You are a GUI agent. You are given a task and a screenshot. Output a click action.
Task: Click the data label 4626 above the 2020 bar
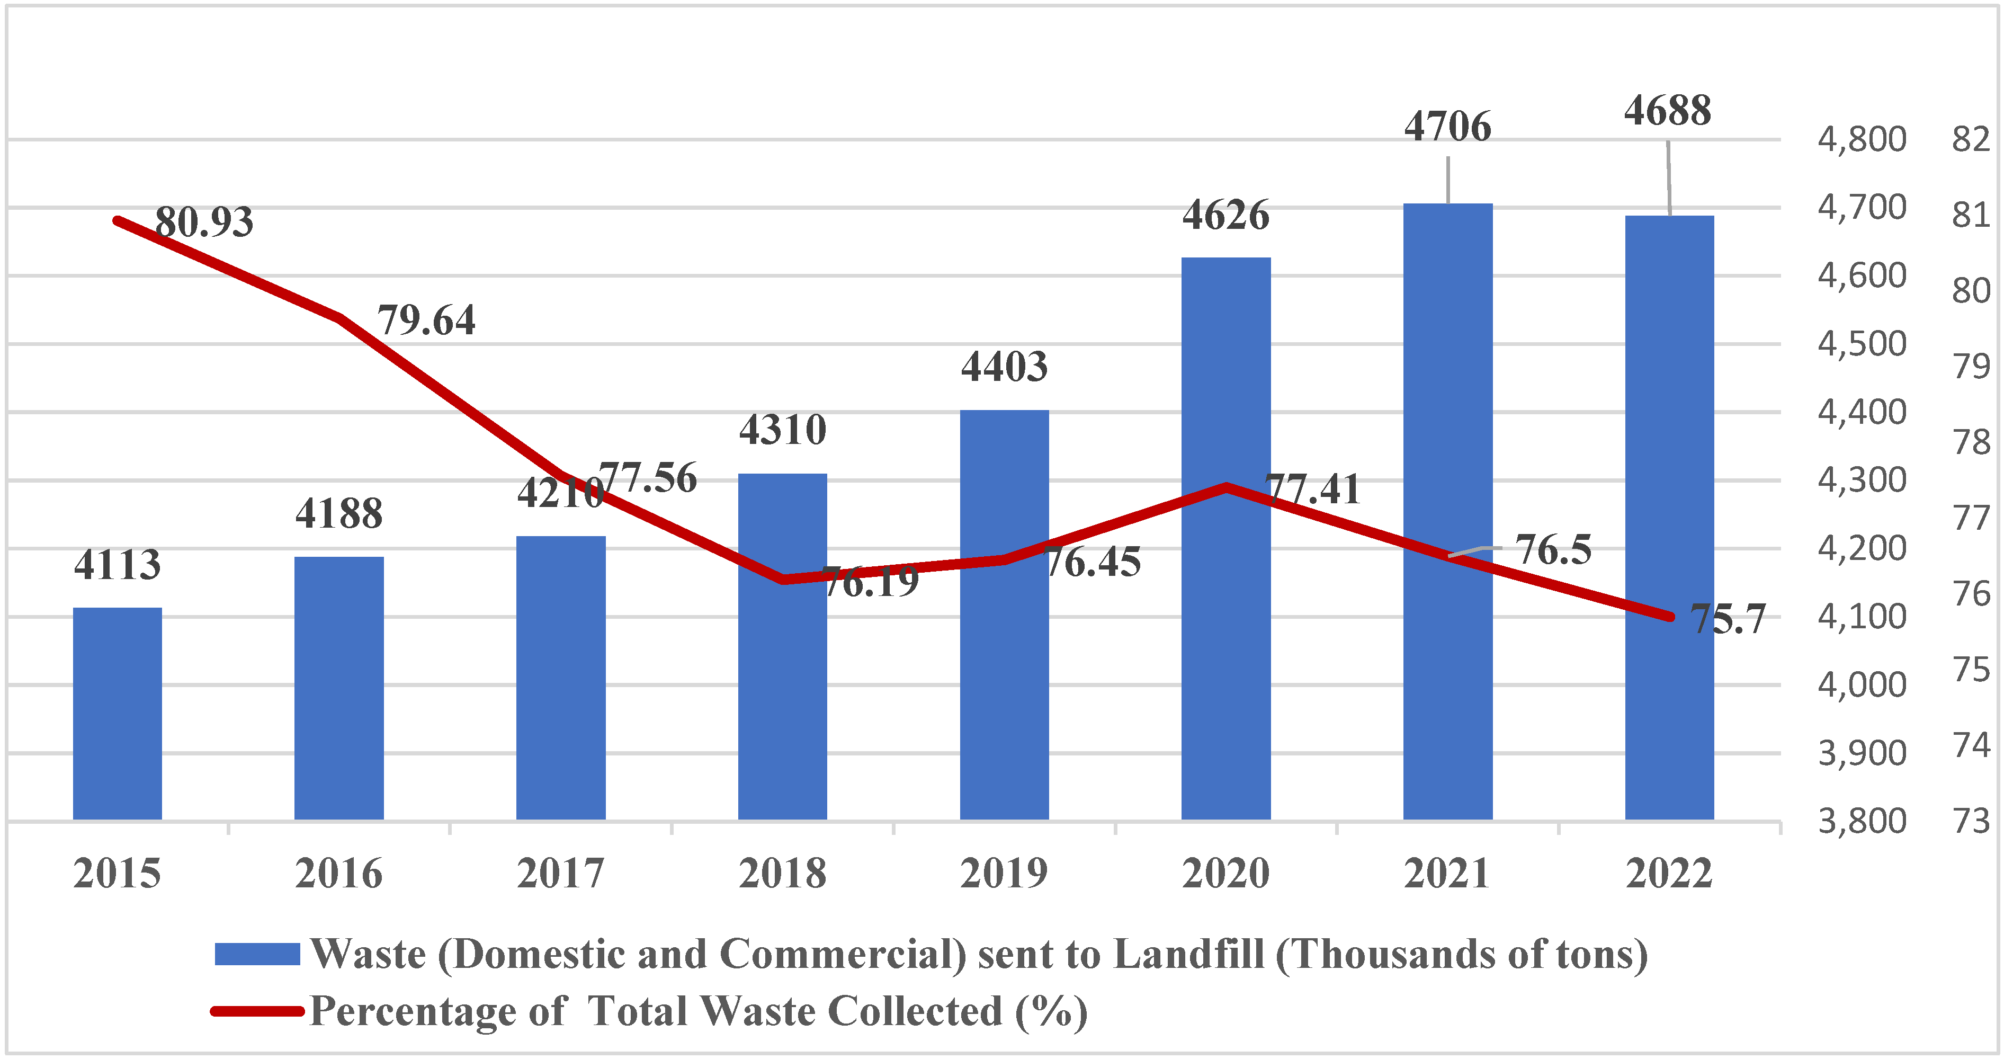(x=1225, y=216)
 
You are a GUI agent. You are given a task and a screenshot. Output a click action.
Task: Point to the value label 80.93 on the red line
(x=204, y=223)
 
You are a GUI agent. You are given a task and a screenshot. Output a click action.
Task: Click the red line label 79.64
(x=426, y=321)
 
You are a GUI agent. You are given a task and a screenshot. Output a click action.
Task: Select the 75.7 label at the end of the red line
(x=1727, y=620)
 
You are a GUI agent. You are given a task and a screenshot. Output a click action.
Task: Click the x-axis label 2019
(x=1004, y=873)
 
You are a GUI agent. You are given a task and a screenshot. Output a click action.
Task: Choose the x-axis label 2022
(x=1669, y=873)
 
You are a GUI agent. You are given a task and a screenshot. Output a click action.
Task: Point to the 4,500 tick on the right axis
(x=1861, y=344)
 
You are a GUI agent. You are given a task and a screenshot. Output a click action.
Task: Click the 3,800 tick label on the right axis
(x=1861, y=822)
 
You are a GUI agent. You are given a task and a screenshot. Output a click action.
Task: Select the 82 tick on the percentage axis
(x=1971, y=140)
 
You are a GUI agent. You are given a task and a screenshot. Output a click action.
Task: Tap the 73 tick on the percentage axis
(x=1971, y=822)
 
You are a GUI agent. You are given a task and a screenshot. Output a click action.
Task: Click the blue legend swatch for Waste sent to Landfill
(x=257, y=954)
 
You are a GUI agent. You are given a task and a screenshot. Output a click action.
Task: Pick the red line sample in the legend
(x=257, y=1011)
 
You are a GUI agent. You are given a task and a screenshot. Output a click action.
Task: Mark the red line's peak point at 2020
(x=1225, y=488)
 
